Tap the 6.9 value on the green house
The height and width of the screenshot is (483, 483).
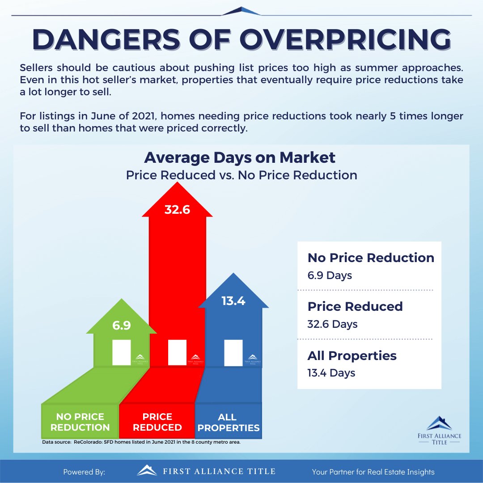122,325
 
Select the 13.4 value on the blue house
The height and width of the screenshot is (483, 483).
233,301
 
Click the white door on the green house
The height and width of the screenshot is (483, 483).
122,352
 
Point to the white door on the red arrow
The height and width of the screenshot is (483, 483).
177,352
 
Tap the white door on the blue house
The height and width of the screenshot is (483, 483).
233,352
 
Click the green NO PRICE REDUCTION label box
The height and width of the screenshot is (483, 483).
80,422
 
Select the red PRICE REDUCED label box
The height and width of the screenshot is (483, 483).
157,422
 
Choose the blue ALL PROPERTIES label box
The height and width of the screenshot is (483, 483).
228,422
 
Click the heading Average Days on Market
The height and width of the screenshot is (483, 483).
240,157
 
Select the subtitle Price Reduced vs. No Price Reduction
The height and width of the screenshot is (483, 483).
241,175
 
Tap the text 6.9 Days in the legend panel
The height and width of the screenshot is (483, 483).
330,275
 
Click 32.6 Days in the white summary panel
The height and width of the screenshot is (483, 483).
332,324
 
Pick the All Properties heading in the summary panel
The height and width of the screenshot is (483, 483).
352,356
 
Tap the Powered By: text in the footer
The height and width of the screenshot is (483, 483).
84,472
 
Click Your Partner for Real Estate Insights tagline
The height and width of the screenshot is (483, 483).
373,472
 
